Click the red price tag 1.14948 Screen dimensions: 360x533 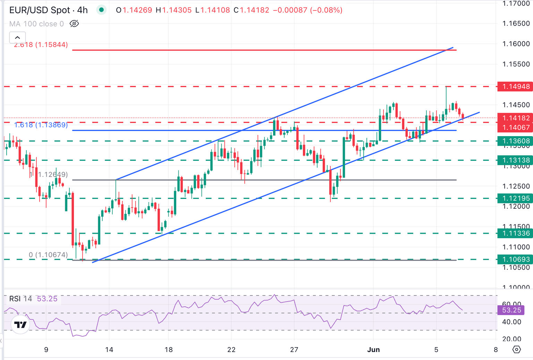coord(514,86)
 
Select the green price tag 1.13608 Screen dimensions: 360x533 coord(514,141)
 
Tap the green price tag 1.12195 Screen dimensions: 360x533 coord(514,198)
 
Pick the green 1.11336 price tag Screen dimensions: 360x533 coord(514,233)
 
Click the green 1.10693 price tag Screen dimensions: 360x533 coord(514,259)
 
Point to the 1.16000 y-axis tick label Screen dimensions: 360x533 coord(516,44)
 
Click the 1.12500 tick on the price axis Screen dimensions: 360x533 coord(516,186)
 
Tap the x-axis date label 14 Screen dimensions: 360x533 coord(109,350)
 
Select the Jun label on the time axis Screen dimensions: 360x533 coord(373,350)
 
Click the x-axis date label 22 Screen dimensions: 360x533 coord(231,350)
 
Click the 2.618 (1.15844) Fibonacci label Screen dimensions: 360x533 coord(41,45)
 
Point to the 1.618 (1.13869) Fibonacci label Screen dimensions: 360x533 coord(41,125)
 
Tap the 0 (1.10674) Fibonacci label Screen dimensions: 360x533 coord(48,255)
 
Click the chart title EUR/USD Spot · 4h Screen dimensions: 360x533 coord(48,10)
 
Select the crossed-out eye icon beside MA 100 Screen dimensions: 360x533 coord(74,24)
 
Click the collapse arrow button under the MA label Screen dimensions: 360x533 coord(17,37)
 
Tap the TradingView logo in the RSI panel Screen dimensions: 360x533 coord(20,325)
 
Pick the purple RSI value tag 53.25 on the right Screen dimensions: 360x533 coord(511,310)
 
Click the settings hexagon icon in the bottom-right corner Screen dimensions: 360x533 coord(517,350)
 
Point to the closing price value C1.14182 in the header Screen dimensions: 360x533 coord(251,10)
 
